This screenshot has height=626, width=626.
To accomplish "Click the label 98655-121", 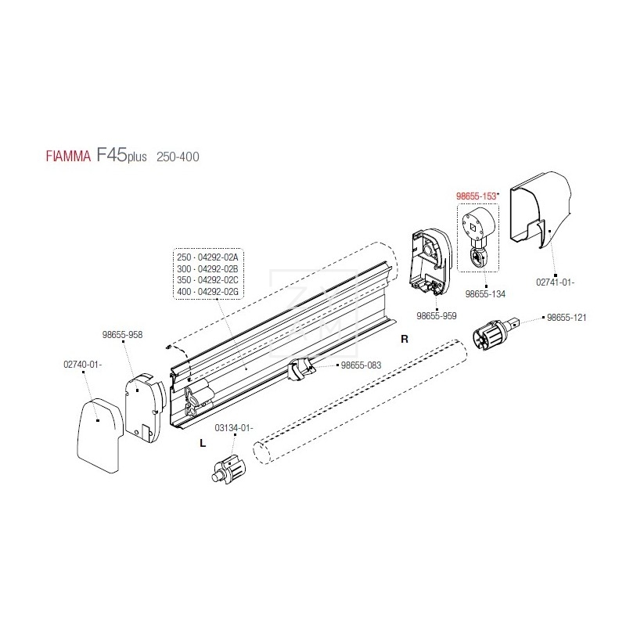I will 567,318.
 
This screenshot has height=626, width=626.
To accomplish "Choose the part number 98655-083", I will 361,365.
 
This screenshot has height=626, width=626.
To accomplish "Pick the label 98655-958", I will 122,333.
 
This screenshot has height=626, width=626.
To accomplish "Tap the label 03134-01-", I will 234,427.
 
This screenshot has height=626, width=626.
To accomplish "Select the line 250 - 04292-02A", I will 207,257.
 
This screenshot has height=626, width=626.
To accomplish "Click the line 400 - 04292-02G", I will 207,291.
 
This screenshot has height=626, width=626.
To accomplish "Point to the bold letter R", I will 405,340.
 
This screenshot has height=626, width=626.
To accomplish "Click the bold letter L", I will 203,443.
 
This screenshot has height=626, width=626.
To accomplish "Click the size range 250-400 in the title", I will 178,156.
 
